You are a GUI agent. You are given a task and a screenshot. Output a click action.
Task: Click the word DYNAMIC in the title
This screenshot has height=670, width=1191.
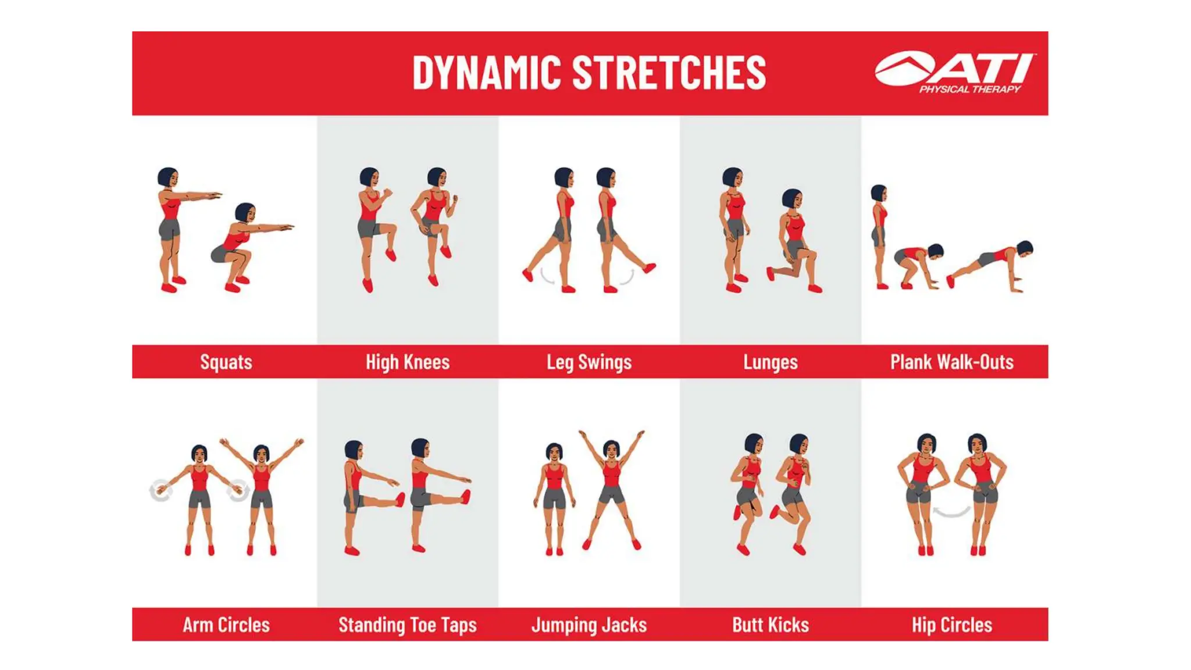(487, 73)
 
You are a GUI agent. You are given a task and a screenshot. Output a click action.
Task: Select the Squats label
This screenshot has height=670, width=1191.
(226, 362)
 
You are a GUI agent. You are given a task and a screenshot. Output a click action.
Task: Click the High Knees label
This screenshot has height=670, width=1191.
(407, 362)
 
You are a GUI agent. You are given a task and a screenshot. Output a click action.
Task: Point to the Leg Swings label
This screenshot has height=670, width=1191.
(589, 362)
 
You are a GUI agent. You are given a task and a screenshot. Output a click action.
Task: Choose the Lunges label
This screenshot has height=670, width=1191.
(770, 362)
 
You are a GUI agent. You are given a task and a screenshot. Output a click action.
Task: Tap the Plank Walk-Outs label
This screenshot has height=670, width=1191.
(951, 362)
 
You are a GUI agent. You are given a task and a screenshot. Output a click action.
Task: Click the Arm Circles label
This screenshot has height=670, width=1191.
(226, 625)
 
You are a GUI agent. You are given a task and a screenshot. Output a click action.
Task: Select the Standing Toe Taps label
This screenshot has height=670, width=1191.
(407, 625)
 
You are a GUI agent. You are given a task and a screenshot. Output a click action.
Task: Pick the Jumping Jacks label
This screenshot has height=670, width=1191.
(589, 625)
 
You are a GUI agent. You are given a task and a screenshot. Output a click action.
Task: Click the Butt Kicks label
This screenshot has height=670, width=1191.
(770, 625)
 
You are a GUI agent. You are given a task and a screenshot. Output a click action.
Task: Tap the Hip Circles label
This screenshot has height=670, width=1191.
(951, 625)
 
